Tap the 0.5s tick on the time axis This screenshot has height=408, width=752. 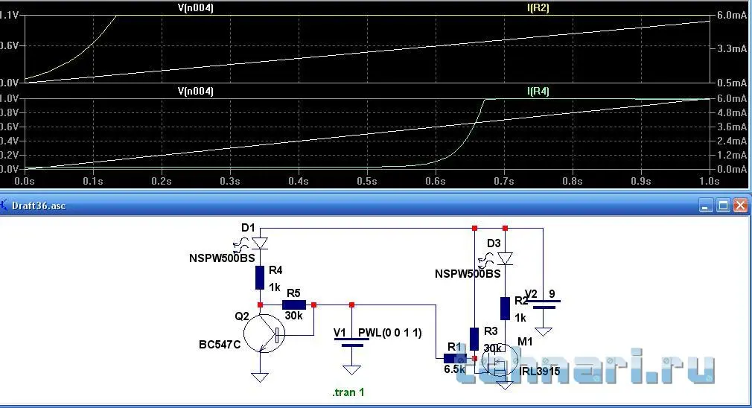click(x=367, y=181)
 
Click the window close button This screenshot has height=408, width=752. click(x=739, y=205)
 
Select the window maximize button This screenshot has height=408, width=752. click(x=723, y=205)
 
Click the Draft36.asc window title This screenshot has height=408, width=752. click(x=39, y=205)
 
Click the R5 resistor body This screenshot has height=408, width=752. click(x=293, y=305)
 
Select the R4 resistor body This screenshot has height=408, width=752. click(x=260, y=278)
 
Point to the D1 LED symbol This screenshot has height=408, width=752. click(x=259, y=243)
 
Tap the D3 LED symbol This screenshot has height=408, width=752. click(x=506, y=258)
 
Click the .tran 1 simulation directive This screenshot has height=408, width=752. click(x=348, y=392)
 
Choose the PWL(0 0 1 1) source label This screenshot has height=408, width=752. click(x=390, y=334)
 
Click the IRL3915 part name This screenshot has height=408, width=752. click(x=540, y=370)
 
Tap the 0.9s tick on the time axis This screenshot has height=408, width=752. click(x=641, y=181)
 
